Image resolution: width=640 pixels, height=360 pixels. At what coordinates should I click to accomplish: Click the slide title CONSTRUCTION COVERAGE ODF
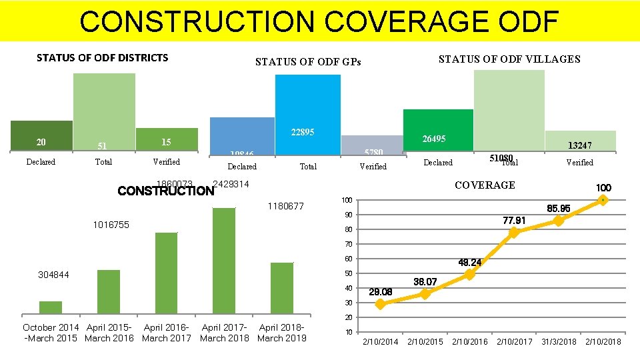point(319,21)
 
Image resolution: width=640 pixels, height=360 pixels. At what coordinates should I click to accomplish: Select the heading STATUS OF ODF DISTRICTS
point(102,57)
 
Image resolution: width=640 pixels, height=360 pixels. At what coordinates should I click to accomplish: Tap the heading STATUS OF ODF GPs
point(308,62)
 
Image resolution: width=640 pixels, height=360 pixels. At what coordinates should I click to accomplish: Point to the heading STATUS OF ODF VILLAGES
point(509,59)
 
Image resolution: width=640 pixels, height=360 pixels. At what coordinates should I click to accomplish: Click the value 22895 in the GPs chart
point(303,133)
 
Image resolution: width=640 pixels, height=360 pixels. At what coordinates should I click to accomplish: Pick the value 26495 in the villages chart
point(434,139)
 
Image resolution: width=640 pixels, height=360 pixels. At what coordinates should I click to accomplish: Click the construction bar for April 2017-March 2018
point(224,260)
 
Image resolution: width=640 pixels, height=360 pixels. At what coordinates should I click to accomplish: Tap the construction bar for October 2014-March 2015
point(51,307)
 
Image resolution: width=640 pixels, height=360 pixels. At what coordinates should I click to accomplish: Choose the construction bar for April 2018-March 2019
point(282,287)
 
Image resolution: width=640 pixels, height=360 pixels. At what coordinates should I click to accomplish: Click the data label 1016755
point(111,225)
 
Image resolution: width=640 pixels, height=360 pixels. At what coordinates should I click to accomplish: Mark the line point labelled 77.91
point(513,233)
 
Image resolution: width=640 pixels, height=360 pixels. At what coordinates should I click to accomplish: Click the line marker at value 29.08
point(380,304)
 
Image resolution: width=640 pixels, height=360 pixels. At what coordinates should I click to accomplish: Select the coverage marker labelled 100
point(603,199)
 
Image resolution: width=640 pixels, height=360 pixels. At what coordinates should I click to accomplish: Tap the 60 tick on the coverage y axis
point(348,259)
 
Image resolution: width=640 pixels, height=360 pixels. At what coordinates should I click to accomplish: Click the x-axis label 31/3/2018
point(558,342)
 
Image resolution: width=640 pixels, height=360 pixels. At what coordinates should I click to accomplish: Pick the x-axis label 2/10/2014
point(380,342)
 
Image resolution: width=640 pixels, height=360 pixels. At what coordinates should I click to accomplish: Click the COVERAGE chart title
point(484,185)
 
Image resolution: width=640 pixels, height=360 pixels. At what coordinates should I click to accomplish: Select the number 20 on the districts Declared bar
point(41,141)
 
